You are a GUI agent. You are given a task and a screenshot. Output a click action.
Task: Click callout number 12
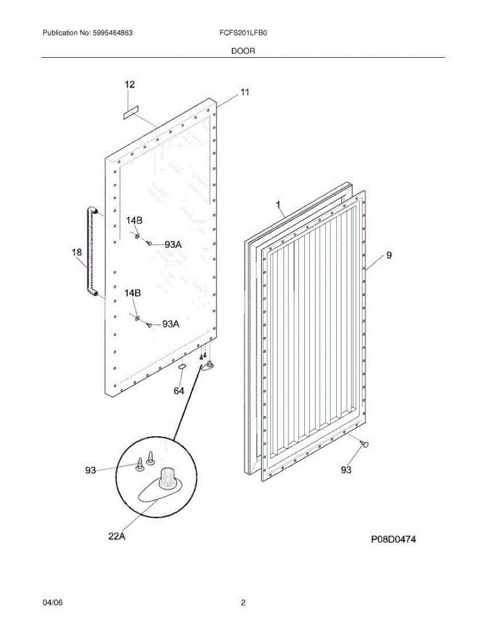(x=129, y=84)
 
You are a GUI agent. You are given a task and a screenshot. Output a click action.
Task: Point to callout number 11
(x=245, y=92)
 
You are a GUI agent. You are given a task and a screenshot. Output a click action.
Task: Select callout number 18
(x=77, y=253)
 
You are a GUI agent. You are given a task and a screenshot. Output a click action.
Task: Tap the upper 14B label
(x=133, y=221)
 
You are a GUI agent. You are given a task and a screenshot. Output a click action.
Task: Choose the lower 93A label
(x=171, y=324)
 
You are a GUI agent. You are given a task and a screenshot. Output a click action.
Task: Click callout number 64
(x=179, y=391)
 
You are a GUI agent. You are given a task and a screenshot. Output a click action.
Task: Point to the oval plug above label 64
(x=182, y=366)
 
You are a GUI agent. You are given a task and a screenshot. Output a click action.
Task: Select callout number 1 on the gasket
(x=278, y=204)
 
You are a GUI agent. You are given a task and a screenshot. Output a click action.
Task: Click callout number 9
(x=389, y=256)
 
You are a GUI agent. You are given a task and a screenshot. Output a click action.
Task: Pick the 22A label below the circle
(x=116, y=536)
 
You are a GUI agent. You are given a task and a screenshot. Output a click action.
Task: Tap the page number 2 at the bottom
(x=243, y=603)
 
